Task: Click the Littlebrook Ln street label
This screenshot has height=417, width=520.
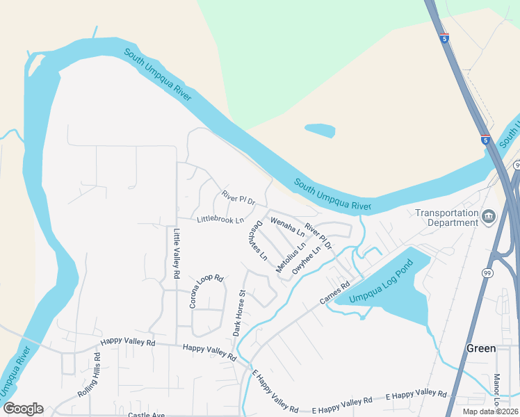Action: tap(220, 220)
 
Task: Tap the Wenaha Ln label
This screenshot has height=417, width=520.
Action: tap(287, 227)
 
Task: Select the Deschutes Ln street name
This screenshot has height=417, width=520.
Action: tap(257, 240)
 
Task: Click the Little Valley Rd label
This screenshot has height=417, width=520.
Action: tap(177, 254)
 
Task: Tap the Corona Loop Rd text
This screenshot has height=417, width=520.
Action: tap(206, 291)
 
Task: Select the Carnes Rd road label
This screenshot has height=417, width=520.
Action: tap(334, 292)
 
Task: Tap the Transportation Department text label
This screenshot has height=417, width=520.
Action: tap(447, 218)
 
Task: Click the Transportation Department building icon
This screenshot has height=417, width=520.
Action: tap(489, 218)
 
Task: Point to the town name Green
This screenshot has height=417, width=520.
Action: tap(481, 348)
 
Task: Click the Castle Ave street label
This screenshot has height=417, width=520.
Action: tap(146, 415)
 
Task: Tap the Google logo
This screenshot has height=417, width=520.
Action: tap(23, 409)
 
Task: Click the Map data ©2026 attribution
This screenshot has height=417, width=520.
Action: tap(489, 411)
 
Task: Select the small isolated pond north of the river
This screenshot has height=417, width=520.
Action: tap(320, 130)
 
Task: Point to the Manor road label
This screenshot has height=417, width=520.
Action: tap(497, 389)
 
